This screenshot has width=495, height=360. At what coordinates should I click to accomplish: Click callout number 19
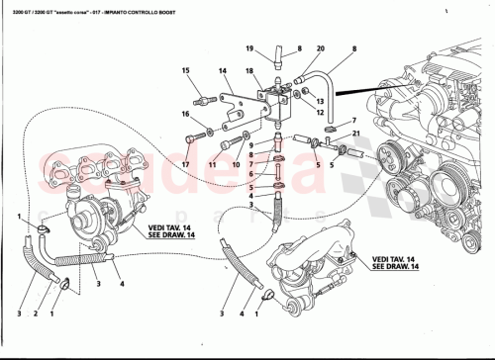[250, 47]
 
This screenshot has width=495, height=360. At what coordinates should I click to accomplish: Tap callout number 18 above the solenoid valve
[250, 72]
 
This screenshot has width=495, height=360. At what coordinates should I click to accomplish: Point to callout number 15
[185, 71]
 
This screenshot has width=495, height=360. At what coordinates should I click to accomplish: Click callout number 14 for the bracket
[223, 71]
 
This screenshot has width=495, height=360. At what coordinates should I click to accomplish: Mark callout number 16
[185, 116]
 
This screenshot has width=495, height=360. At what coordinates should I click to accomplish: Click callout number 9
[251, 146]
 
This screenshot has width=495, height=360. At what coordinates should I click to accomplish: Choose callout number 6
[251, 176]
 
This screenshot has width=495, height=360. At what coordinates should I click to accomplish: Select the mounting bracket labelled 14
[238, 106]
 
